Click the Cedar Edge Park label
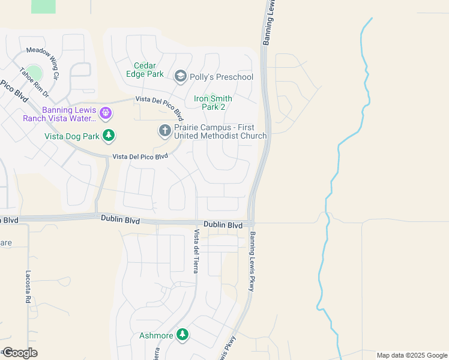click(145, 70)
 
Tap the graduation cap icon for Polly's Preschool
click(180, 76)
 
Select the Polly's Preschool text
click(221, 77)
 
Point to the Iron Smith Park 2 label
click(213, 103)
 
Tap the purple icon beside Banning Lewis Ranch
click(106, 112)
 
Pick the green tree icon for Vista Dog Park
click(108, 136)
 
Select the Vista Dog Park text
click(72, 136)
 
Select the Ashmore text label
click(156, 335)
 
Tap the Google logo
click(19, 353)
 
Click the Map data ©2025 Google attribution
click(411, 355)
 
